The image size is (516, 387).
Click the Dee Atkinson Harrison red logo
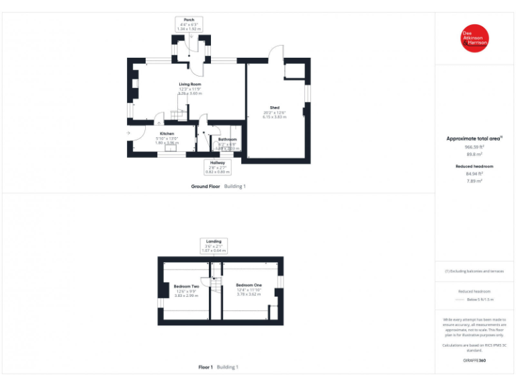click(x=474, y=38)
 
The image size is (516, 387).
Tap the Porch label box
click(x=189, y=25)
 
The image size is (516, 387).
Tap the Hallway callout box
click(x=217, y=167)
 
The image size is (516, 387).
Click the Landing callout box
click(x=214, y=245)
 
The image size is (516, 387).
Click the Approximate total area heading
click(x=474, y=138)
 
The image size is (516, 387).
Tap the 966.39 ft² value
click(x=474, y=146)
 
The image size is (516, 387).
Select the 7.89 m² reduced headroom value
click(x=474, y=180)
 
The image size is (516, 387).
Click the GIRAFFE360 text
click(x=474, y=361)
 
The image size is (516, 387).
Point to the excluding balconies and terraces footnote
click(x=474, y=271)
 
